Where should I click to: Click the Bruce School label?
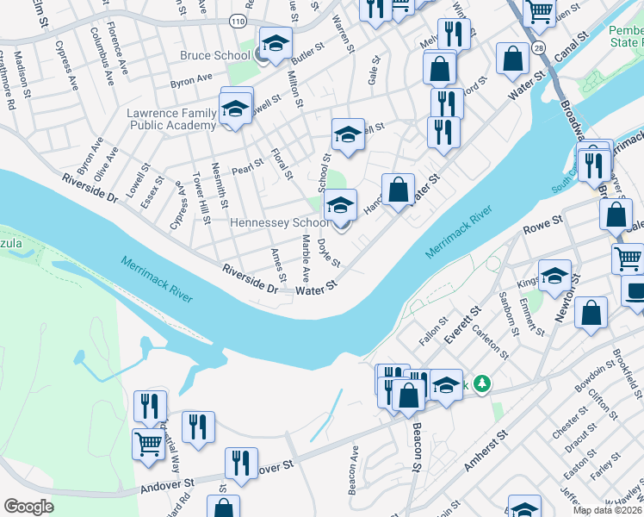pyautogui.click(x=214, y=56)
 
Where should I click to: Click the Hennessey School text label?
pyautogui.click(x=281, y=222)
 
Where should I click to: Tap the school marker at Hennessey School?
pyautogui.click(x=340, y=206)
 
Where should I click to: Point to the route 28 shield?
pyautogui.click(x=538, y=47)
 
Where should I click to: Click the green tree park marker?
pyautogui.click(x=484, y=384)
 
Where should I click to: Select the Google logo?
pyautogui.click(x=29, y=506)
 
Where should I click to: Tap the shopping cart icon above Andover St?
pyautogui.click(x=148, y=444)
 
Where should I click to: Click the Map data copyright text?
pyautogui.click(x=607, y=510)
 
